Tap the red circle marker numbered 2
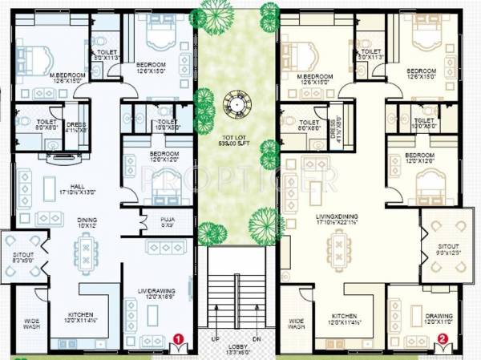pos(442,338)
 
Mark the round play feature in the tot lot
pos(233,105)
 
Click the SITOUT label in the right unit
pos(443,249)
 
